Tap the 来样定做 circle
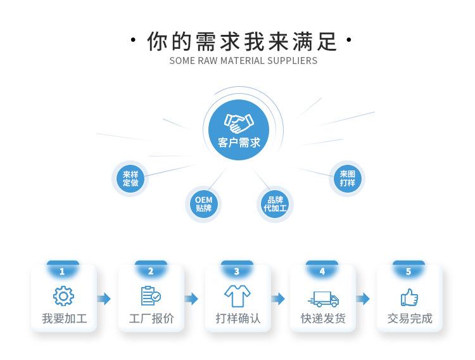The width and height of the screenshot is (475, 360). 130,179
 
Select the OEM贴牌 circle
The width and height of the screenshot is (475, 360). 204,203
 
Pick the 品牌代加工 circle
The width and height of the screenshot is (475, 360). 275,203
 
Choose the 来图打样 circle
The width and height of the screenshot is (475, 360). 347,178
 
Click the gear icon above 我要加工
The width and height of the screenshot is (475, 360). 63,297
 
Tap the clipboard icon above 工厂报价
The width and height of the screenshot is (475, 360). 151,296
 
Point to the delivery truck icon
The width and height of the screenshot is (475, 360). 323,298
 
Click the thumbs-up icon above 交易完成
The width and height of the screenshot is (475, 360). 409,297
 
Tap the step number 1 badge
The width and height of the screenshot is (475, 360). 62,271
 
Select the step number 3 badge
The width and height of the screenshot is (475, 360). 237,271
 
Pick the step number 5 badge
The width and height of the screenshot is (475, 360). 408,271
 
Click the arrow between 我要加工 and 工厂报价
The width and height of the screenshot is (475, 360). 104,299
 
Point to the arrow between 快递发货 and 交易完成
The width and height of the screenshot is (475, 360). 363,299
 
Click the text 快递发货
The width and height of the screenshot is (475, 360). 323,318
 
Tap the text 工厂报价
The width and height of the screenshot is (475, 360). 151,318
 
